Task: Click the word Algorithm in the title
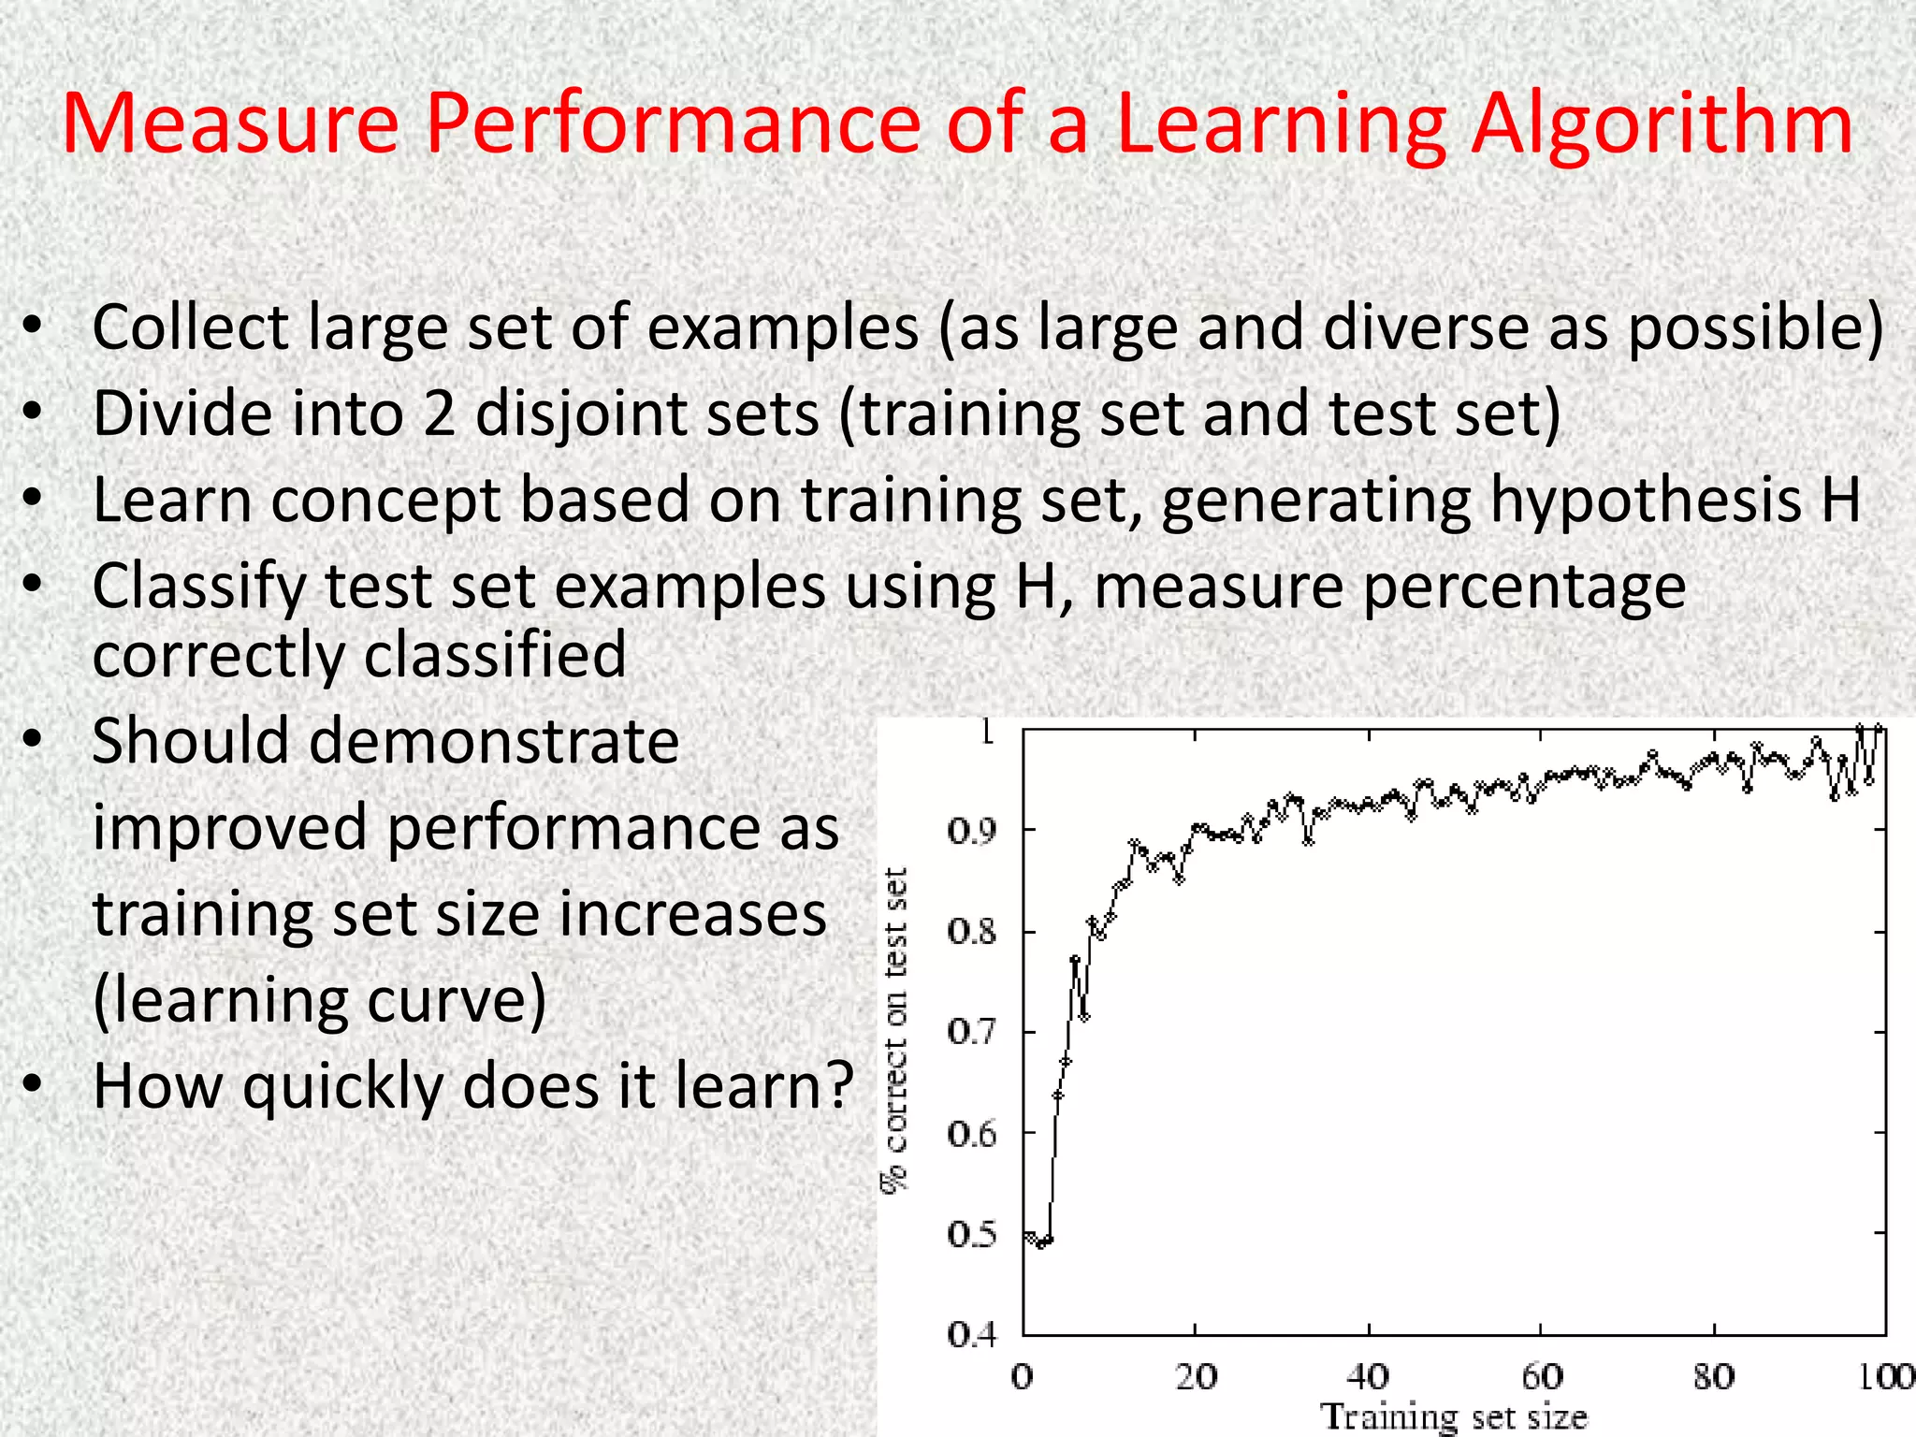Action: point(1661,124)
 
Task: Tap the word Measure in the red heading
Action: point(230,124)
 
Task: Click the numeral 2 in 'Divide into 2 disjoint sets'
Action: point(439,414)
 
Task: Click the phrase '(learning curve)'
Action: point(319,1000)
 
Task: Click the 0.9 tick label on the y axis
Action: point(972,831)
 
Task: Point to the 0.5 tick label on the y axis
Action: point(972,1235)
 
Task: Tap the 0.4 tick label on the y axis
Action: point(972,1335)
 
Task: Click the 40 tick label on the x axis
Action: point(1368,1377)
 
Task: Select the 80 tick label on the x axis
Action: point(1713,1377)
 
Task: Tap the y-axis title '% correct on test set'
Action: point(895,1029)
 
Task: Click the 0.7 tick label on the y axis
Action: point(972,1033)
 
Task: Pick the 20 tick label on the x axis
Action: point(1196,1377)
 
